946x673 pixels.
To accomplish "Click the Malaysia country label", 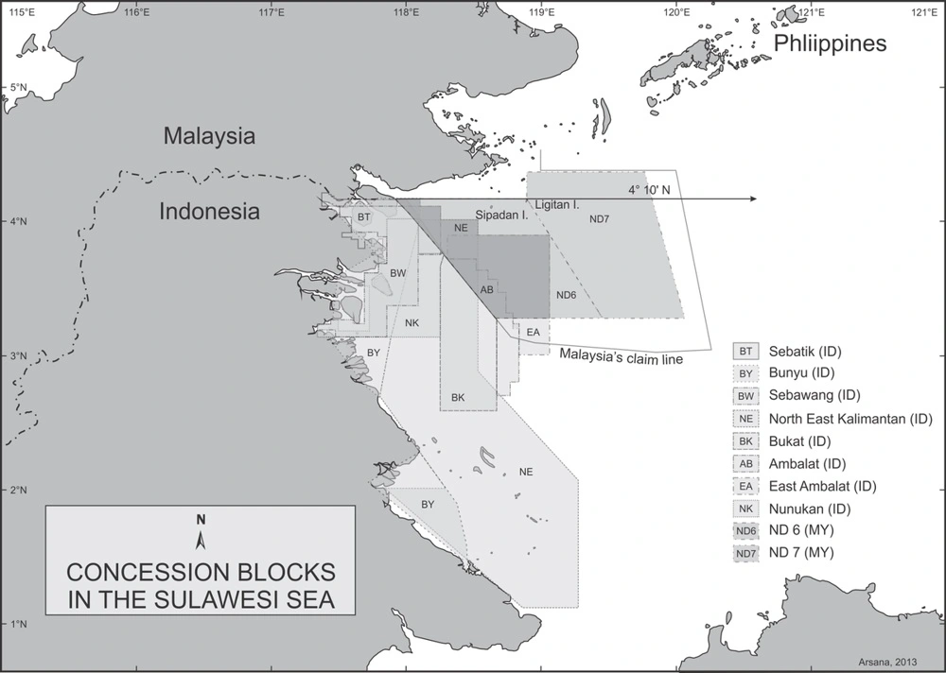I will pyautogui.click(x=209, y=135).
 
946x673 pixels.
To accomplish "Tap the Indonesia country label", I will pyautogui.click(x=208, y=211).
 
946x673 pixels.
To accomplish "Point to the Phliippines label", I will pyautogui.click(x=830, y=44).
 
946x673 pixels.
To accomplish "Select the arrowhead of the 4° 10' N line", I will pyautogui.click(x=752, y=199).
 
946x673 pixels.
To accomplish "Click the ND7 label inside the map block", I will pyautogui.click(x=599, y=219).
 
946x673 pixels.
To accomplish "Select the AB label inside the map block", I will pyautogui.click(x=486, y=290).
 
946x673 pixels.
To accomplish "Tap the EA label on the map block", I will pyautogui.click(x=533, y=332).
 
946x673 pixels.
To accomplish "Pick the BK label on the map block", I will pyautogui.click(x=458, y=397).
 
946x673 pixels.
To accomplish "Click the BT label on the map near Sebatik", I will pyautogui.click(x=363, y=217).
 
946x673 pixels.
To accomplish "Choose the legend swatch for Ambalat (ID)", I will pyautogui.click(x=746, y=464).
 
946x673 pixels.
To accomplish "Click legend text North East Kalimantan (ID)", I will pyautogui.click(x=851, y=419).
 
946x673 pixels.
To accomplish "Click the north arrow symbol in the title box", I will pyautogui.click(x=201, y=536).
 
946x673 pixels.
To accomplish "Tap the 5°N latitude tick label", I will pyautogui.click(x=15, y=88).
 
